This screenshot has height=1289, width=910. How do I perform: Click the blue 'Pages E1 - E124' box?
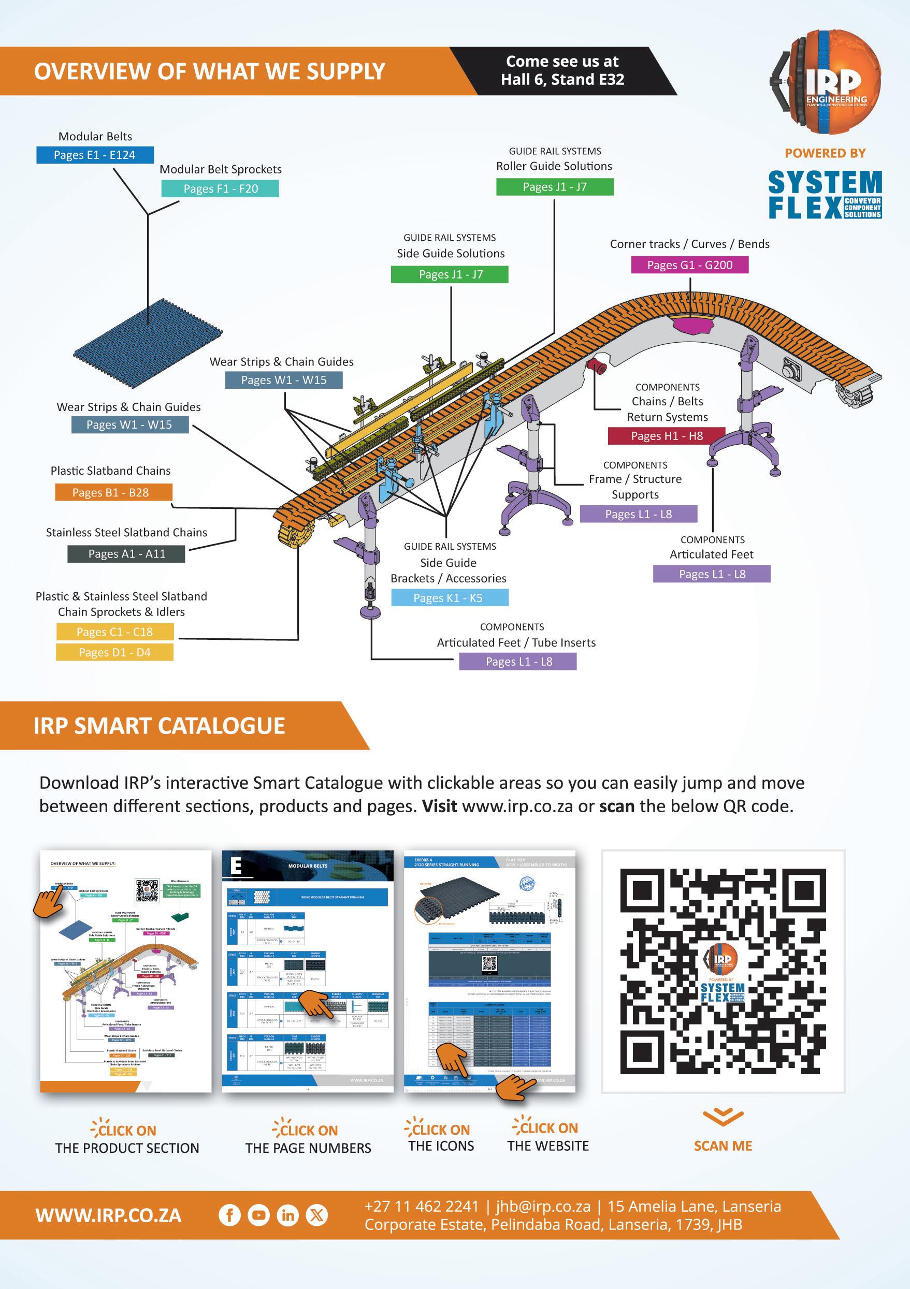(x=95, y=155)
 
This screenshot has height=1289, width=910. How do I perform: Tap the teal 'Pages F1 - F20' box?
(x=220, y=188)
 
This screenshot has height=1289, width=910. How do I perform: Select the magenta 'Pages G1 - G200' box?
(x=690, y=265)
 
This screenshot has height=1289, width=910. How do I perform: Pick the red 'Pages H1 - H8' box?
(x=667, y=436)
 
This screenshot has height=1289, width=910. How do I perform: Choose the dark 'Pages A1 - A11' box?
(x=126, y=553)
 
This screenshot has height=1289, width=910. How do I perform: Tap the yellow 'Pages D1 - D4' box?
(x=114, y=652)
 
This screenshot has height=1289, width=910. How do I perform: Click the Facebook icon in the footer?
(x=229, y=1216)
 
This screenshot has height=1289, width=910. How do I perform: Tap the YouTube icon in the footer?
(x=258, y=1216)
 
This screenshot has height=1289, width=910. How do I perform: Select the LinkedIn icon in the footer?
(x=287, y=1216)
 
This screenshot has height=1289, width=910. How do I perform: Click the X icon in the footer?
(x=317, y=1216)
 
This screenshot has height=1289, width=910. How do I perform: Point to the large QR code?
(x=723, y=972)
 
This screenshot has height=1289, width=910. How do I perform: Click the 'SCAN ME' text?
(x=723, y=1146)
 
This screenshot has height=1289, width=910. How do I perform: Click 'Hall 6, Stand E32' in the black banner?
(x=562, y=80)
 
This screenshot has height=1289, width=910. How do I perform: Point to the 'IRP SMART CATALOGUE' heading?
(x=159, y=725)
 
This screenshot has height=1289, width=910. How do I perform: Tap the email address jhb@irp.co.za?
(x=543, y=1207)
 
